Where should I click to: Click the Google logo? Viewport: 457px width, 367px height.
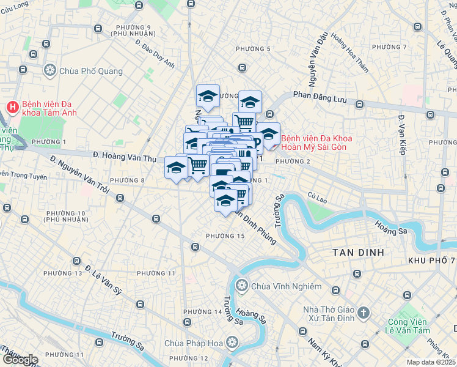point(20,360)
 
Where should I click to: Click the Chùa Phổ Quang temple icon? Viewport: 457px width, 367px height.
point(50,71)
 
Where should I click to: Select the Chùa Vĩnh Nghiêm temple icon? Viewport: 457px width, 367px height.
point(242,286)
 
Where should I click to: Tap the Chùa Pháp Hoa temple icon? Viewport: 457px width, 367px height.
point(232,342)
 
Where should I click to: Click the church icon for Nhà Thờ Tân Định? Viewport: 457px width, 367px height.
point(363,314)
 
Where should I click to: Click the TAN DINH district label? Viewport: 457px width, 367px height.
point(357,252)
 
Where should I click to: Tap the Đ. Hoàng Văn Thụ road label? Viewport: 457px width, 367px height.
point(122,155)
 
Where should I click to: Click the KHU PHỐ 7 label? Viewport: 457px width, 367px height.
point(431,261)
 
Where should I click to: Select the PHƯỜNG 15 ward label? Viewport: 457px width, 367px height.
point(225,236)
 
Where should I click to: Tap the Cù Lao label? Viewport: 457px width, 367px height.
point(318,196)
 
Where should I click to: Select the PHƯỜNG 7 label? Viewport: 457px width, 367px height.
point(389,47)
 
